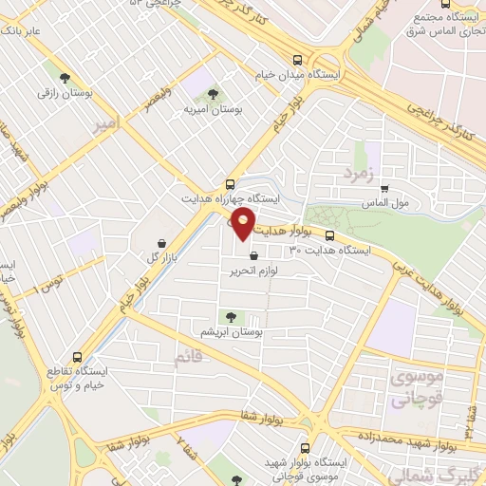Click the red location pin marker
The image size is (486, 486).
[244, 225]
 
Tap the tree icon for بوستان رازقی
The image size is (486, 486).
[65, 80]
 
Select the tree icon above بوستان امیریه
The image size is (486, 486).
[212, 95]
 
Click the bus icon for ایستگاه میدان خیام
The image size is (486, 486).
[298, 59]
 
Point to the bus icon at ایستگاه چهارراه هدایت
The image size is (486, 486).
[231, 184]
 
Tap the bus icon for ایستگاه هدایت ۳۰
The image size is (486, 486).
[329, 235]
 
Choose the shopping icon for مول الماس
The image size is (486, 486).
[383, 188]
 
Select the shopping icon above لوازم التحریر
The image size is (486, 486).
[252, 255]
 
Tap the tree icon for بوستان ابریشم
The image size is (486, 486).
[228, 316]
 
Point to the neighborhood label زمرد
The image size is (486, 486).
[352, 175]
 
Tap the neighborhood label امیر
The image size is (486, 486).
[105, 123]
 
